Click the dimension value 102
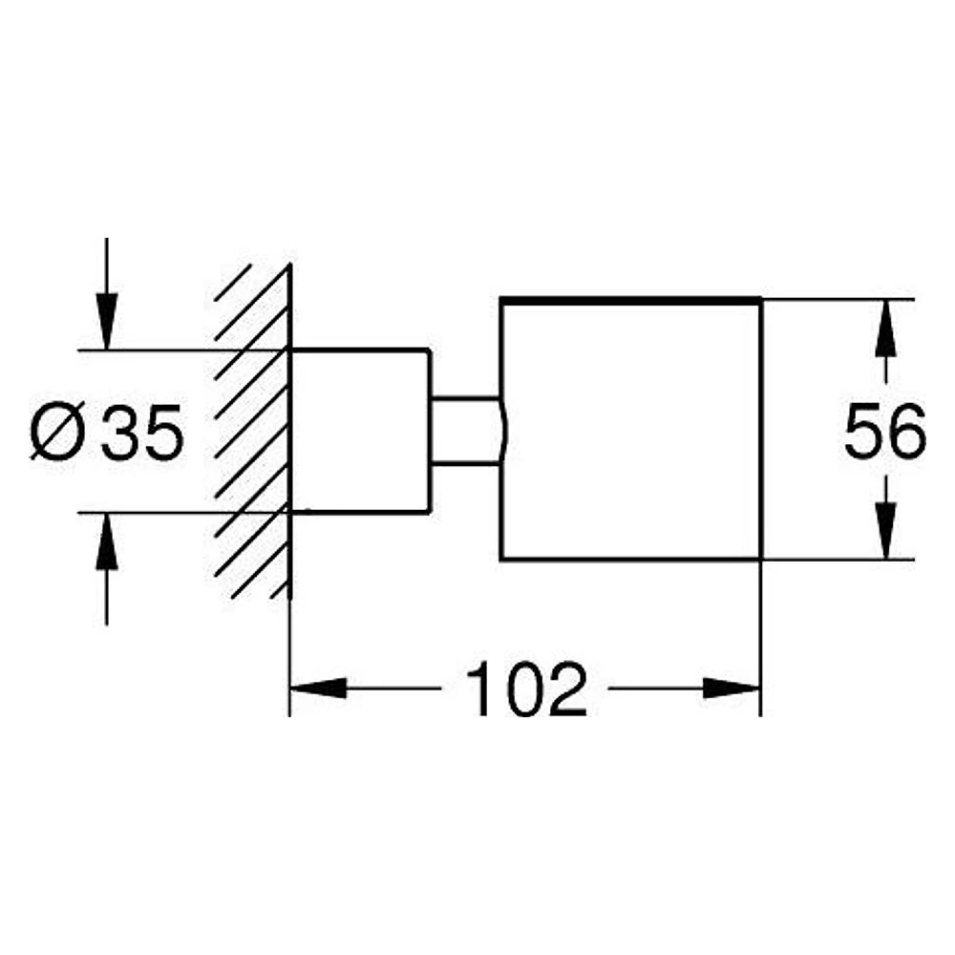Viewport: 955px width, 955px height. [x=525, y=689]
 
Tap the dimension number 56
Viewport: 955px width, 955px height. [x=885, y=431]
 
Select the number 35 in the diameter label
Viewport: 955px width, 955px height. [x=142, y=432]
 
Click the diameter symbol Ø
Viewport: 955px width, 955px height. [x=56, y=432]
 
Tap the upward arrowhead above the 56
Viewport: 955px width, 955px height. [x=885, y=328]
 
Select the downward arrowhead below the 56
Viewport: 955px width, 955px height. [x=885, y=530]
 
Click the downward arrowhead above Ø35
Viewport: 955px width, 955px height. [x=107, y=322]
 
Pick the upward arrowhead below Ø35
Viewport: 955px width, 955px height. [x=107, y=541]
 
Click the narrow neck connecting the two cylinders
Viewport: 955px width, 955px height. [x=466, y=432]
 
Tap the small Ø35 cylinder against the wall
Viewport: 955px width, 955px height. [x=360, y=432]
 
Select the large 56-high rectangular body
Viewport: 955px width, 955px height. [x=631, y=430]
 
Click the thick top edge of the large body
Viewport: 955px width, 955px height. [x=631, y=300]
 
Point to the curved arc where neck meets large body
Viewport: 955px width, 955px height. [x=503, y=432]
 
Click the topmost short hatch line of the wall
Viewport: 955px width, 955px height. [x=233, y=282]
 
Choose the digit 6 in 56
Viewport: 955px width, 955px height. [x=907, y=431]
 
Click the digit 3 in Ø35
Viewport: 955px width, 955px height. [x=120, y=432]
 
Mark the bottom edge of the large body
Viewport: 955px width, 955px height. [x=631, y=559]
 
